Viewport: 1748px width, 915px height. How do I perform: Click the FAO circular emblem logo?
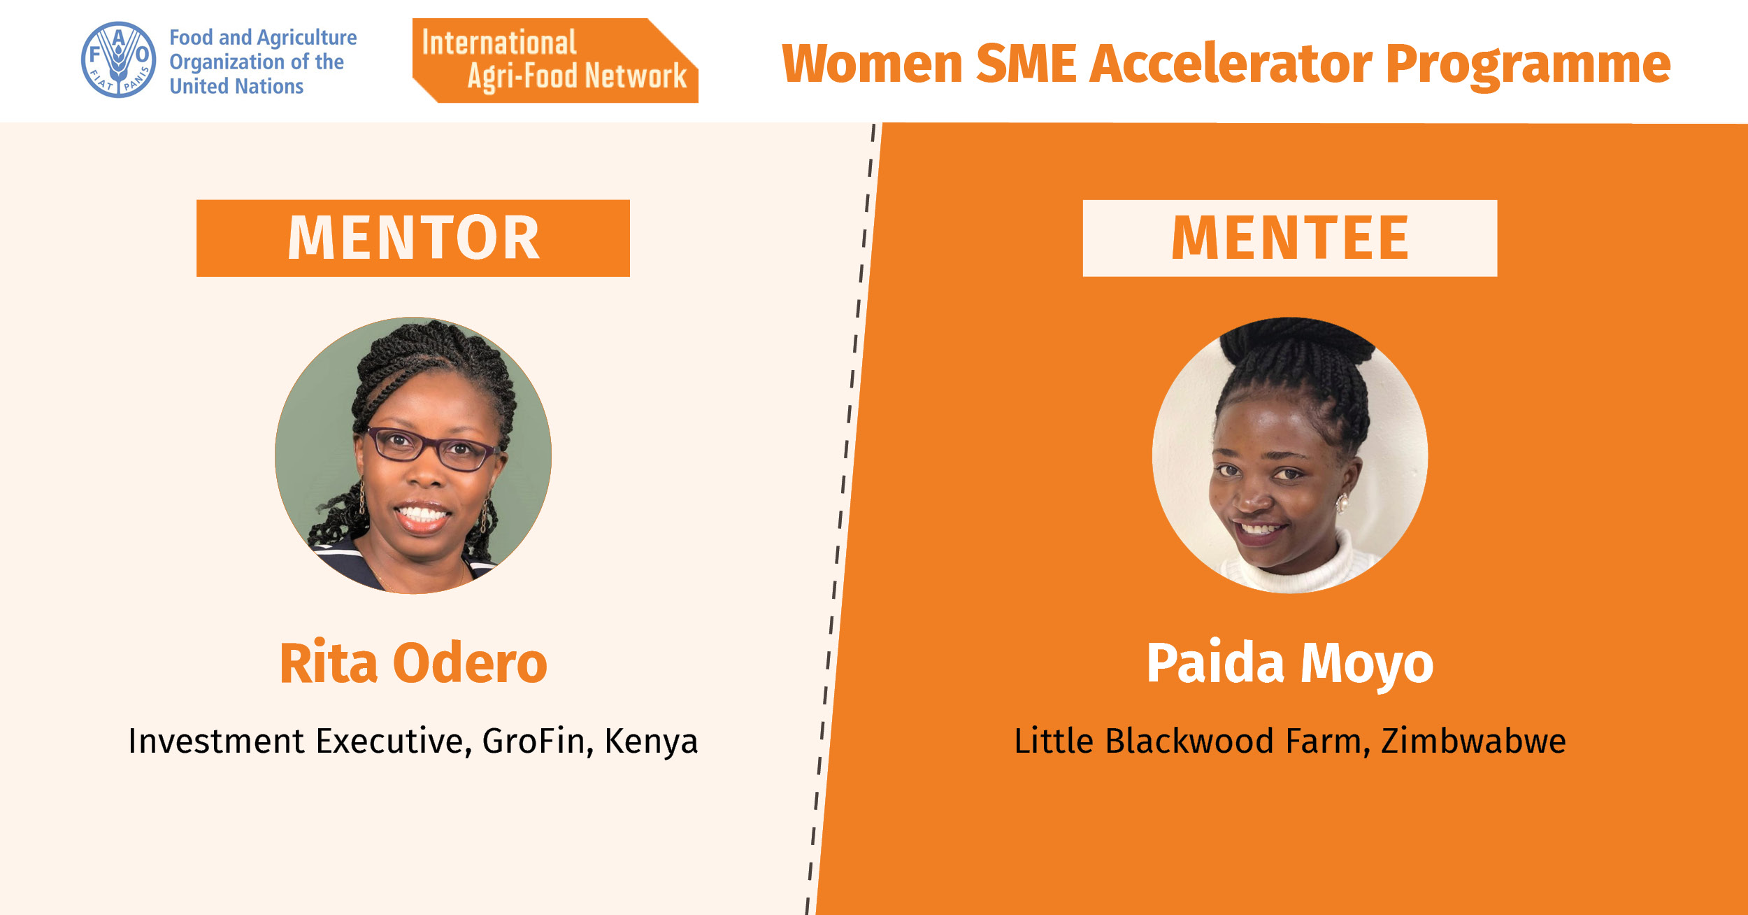tap(118, 59)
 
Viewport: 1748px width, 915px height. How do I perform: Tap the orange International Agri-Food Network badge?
tap(555, 60)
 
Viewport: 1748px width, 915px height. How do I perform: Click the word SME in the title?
tap(1026, 64)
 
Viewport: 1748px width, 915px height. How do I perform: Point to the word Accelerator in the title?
tap(1231, 64)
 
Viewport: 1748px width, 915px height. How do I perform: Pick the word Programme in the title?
tap(1528, 66)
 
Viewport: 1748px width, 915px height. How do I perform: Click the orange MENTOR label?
tap(413, 238)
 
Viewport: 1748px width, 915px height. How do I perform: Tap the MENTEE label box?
tap(1290, 238)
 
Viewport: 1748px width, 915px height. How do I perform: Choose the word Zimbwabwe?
tap(1473, 741)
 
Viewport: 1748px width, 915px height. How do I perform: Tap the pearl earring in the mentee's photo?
tap(1342, 502)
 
